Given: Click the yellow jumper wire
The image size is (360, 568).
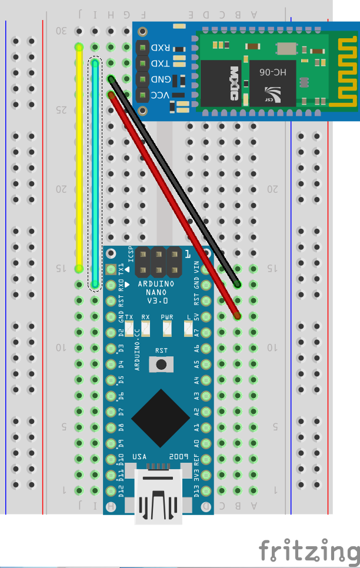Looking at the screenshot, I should pos(78,159).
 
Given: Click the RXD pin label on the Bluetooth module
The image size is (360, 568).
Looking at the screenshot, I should pos(160,48).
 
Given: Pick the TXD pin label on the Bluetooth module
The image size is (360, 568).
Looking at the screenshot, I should pos(160,64).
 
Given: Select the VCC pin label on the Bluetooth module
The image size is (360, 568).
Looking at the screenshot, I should pos(160,95).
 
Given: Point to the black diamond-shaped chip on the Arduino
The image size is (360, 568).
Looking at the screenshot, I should pos(161,417).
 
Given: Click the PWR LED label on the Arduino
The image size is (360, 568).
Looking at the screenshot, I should pos(168,318).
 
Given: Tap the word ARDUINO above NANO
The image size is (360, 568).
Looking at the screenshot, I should pos(156,283).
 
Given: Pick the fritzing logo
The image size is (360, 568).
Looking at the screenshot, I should pos(309,552).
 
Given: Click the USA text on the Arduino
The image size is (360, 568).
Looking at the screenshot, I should pos(139,457).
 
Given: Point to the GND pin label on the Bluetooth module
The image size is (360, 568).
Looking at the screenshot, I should pos(160,79).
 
